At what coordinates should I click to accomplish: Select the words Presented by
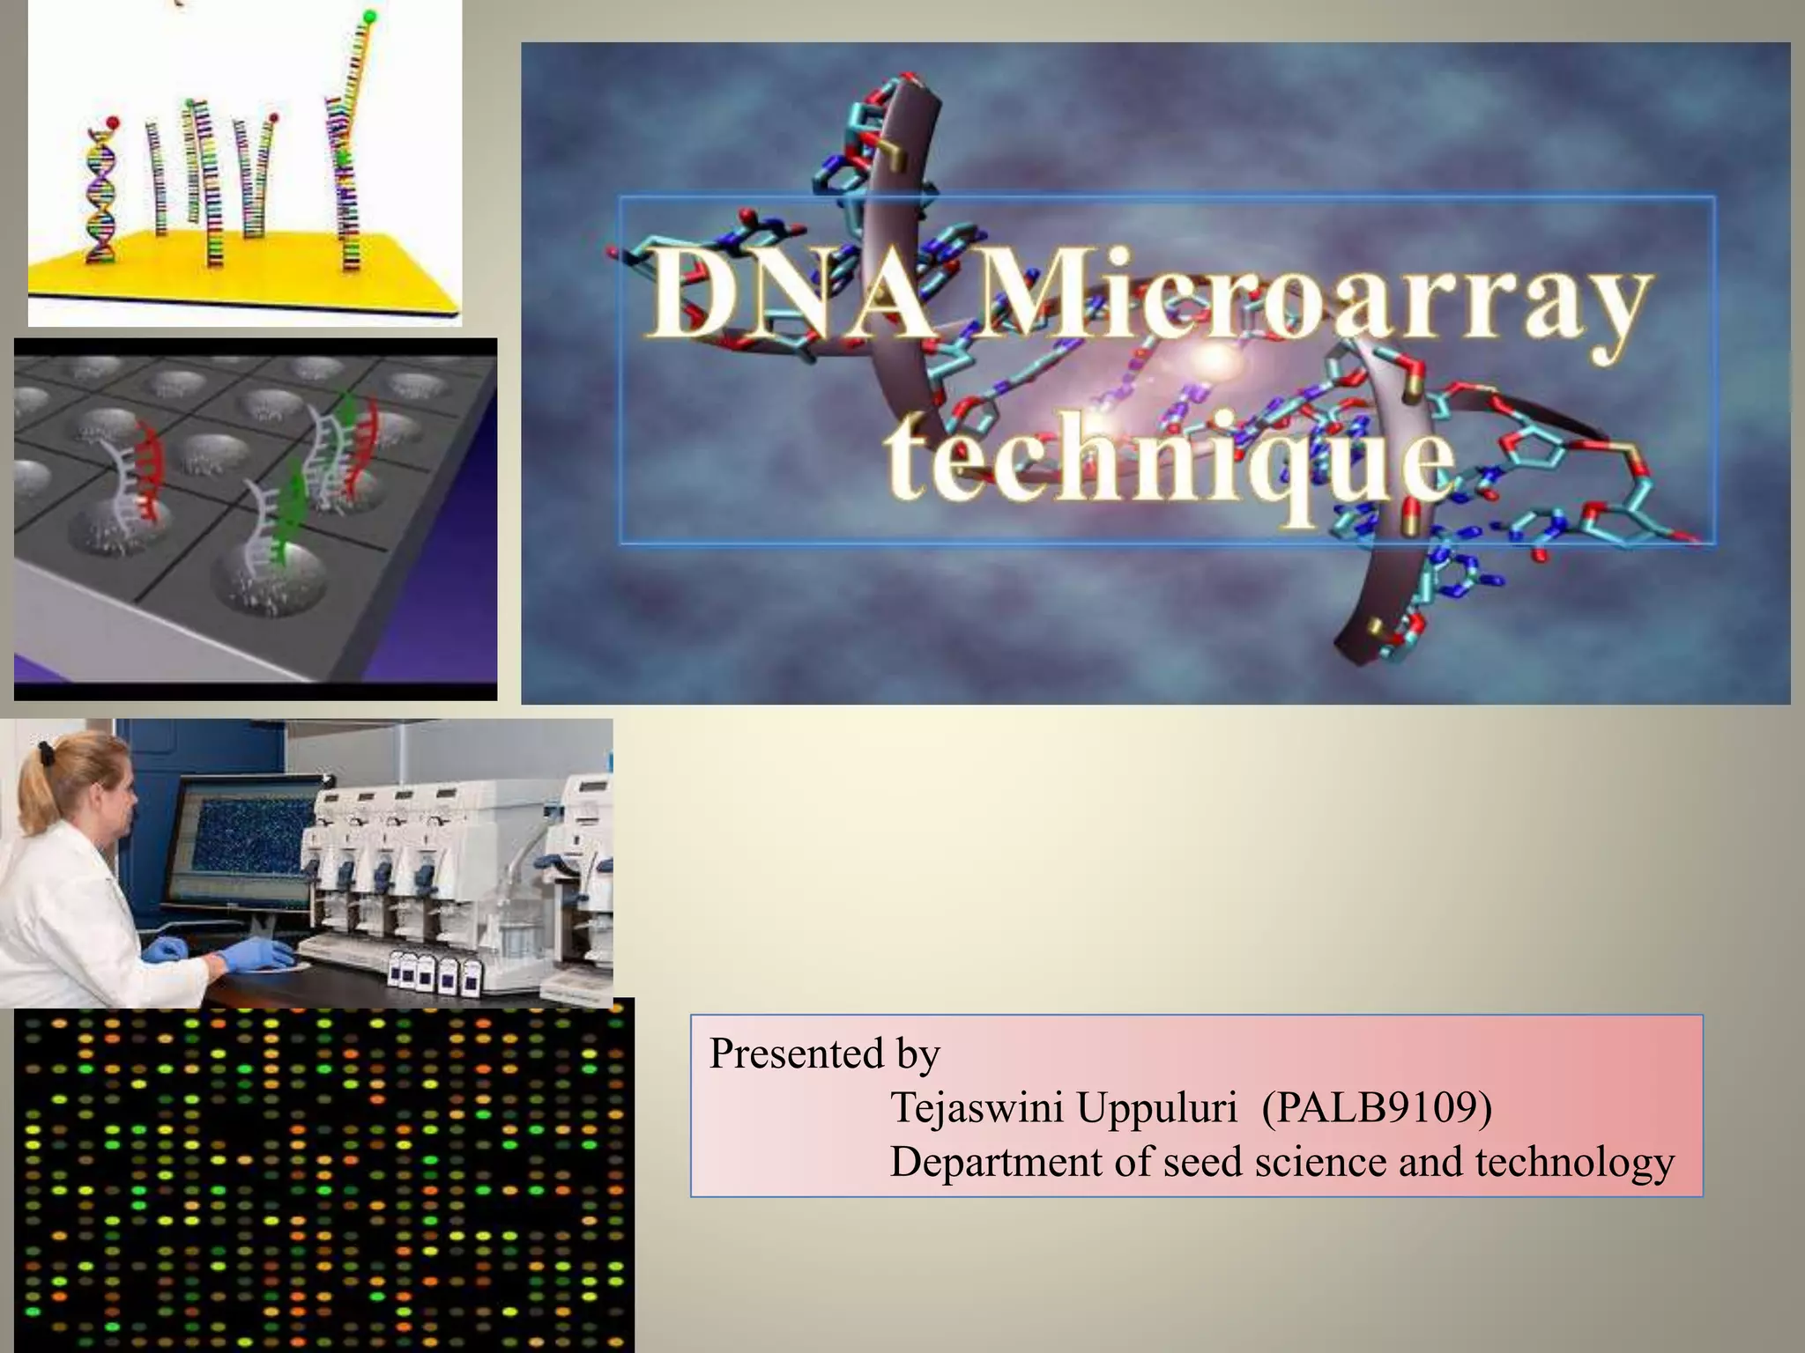point(824,1054)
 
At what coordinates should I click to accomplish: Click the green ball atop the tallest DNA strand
point(369,16)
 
